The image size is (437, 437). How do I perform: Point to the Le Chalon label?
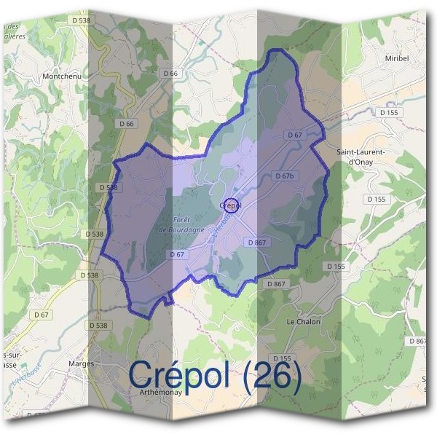coord(303,321)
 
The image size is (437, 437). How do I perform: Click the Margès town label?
coord(81,363)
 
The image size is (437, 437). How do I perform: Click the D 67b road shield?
coord(285,176)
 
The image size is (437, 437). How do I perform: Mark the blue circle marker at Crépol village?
coord(231,205)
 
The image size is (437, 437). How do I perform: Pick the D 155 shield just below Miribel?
coord(389,113)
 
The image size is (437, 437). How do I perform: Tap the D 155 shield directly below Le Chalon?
coord(282,358)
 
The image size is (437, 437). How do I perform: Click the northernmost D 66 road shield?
coord(170,74)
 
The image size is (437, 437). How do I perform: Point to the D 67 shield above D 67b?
coord(294,135)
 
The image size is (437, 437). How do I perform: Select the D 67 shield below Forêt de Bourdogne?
coord(176,254)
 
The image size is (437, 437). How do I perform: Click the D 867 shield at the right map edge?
coord(418,341)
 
